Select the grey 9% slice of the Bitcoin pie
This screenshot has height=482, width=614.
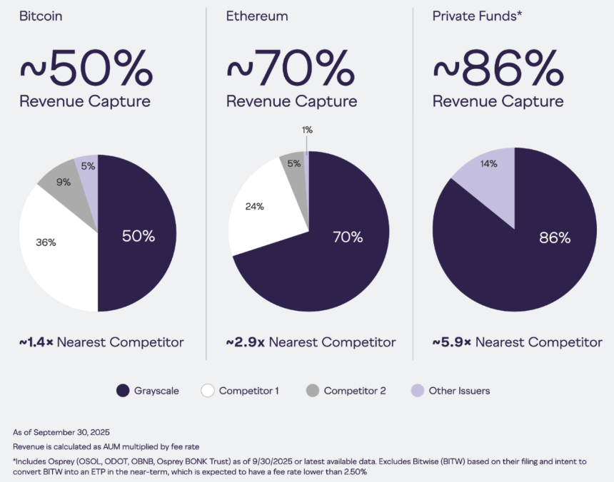[x=66, y=188]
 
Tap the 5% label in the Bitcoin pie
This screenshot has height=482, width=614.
[x=88, y=166]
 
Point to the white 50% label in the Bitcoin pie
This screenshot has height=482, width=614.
[x=139, y=236]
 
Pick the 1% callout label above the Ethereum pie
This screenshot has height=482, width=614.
[x=308, y=130]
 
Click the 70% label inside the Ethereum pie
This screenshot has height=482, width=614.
[x=348, y=237]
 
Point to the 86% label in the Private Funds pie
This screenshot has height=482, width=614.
[x=555, y=237]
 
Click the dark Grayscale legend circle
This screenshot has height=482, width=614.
[x=123, y=391]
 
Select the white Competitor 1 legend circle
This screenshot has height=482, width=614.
[x=208, y=391]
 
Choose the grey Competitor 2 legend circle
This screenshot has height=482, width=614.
[x=313, y=391]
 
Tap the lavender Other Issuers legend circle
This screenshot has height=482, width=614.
[x=418, y=391]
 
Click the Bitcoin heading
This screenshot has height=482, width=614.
[x=41, y=16]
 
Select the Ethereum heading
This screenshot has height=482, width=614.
[x=257, y=16]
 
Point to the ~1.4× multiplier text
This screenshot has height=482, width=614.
[x=36, y=342]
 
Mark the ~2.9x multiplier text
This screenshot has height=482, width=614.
[x=245, y=342]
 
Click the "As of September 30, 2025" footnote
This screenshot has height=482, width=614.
[x=61, y=432]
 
